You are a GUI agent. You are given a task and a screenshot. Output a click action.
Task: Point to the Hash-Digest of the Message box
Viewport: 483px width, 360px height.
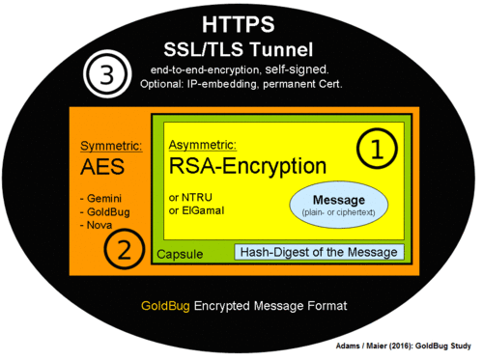tap(320, 253)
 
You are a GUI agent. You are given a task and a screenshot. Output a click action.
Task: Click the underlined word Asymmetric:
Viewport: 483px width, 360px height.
tap(200, 146)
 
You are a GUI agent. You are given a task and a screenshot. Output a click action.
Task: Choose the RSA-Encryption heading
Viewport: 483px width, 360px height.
tap(247, 167)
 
